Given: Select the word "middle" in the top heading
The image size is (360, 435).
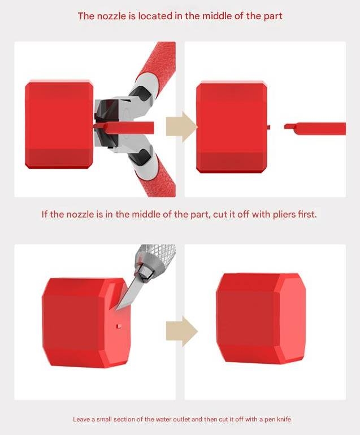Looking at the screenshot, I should [216, 16].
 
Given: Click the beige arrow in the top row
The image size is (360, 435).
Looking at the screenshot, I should [180, 127].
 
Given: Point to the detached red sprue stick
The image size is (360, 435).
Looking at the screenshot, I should [316, 127].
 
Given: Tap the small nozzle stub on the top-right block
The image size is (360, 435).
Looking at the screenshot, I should [269, 127].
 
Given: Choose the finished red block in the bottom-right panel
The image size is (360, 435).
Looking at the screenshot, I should [261, 319].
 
